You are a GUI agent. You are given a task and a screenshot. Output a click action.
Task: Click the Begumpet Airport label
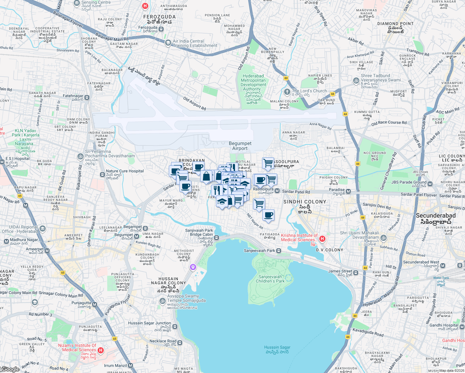[x=240, y=146]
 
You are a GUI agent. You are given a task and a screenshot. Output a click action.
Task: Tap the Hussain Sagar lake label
[x=277, y=349]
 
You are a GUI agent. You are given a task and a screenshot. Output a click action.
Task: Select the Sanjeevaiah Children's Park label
[x=270, y=279]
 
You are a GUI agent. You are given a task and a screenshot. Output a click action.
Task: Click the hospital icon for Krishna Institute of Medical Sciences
[x=322, y=239]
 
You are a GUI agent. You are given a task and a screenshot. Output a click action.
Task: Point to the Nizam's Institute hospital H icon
[x=100, y=350]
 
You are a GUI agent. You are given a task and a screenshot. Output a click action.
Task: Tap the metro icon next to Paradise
[x=348, y=191]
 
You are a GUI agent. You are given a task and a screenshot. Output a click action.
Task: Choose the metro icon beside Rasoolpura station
[x=277, y=191]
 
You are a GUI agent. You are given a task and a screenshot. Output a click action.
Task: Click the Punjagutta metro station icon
[x=95, y=305]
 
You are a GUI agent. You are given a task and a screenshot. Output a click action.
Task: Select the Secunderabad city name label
[x=435, y=219]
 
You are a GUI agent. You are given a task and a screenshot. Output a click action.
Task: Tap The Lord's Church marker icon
[x=287, y=91]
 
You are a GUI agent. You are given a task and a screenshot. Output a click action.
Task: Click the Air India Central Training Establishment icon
[x=168, y=43]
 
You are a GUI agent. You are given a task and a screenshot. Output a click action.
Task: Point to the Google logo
[x=10, y=369]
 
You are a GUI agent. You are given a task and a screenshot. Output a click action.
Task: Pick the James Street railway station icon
[x=356, y=273]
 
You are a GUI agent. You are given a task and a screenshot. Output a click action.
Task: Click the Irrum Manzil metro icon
[x=131, y=366]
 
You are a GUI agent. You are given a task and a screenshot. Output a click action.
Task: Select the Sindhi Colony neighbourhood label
[x=305, y=205]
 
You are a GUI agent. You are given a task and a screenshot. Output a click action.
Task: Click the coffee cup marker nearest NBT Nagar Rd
[x=268, y=215]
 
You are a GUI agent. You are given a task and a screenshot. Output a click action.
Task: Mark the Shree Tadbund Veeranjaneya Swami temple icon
[x=356, y=81]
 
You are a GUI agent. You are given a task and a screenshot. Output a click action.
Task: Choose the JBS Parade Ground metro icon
[x=430, y=184]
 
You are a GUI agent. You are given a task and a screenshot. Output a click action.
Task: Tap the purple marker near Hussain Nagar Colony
[x=193, y=267]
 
